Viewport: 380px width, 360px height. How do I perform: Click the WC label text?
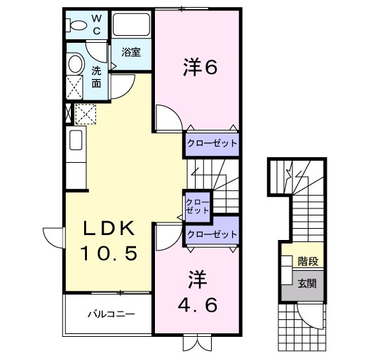[97, 24]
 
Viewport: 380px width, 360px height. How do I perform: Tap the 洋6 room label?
[198, 67]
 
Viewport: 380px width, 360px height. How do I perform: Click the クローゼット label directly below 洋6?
[212, 144]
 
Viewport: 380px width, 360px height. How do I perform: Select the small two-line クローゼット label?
[197, 206]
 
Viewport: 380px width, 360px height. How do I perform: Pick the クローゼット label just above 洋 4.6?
[212, 234]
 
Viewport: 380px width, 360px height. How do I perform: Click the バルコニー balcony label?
[111, 313]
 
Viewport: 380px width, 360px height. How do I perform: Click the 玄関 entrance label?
[306, 284]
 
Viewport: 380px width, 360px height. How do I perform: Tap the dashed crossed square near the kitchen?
[85, 114]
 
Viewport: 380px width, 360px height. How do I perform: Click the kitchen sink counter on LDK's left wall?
[76, 145]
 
